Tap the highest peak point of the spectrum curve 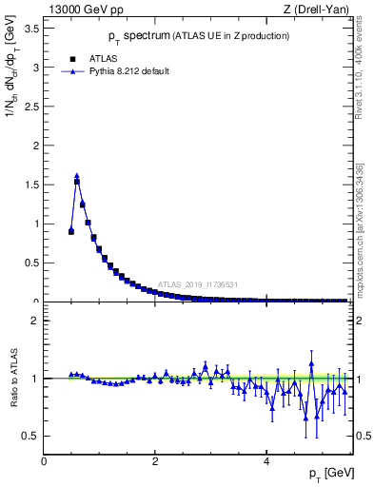point(77,176)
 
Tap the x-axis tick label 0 point(45,460)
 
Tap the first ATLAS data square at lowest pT point(71,231)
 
